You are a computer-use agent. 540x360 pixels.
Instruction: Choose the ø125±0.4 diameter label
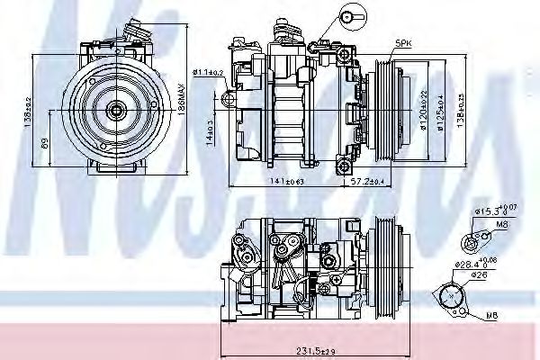point(441,111)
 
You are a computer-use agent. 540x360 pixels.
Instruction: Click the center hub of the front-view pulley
point(115,110)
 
